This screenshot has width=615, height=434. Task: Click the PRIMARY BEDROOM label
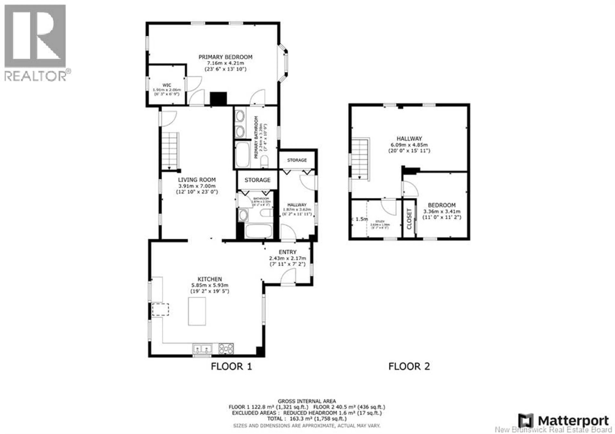(x=225, y=57)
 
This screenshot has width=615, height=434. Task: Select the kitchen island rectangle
(x=197, y=311)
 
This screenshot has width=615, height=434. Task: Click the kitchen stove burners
(x=226, y=349)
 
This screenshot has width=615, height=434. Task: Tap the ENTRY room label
(x=287, y=252)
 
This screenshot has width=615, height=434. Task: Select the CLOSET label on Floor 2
(x=409, y=219)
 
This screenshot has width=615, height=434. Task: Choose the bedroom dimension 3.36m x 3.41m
(x=442, y=211)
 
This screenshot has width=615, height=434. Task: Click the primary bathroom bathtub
(x=243, y=154)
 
